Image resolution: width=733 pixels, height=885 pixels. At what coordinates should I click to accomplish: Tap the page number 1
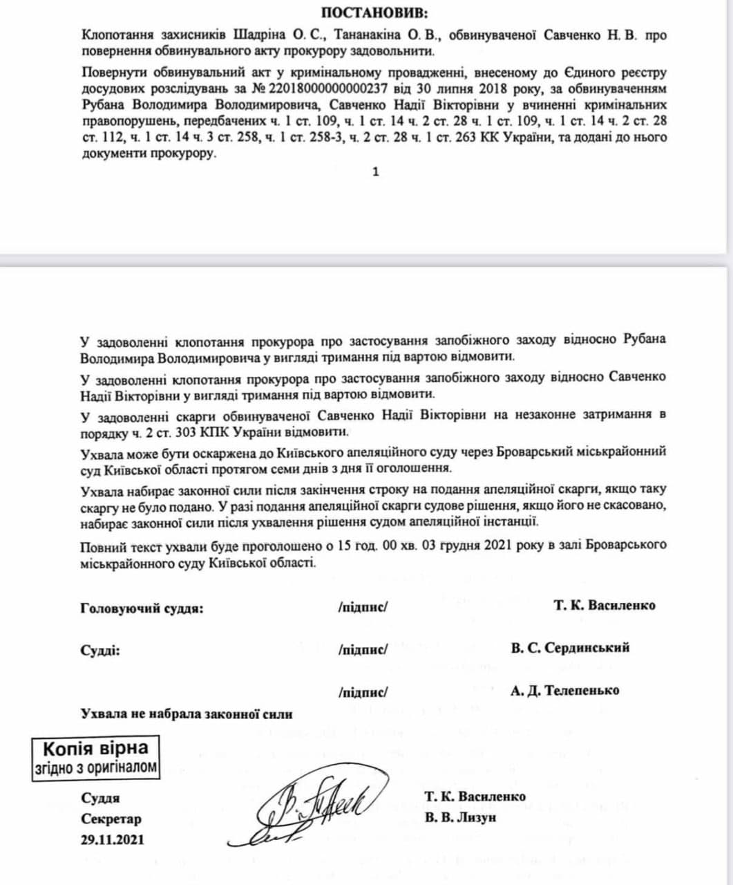click(376, 172)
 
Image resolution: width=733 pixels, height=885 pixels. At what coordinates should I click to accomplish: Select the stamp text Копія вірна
click(95, 748)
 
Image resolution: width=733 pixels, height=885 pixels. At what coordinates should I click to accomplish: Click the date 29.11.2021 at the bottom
click(113, 840)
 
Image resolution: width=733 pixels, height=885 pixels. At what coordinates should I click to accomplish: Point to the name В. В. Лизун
click(461, 818)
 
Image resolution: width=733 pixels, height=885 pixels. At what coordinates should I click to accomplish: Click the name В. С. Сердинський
click(571, 648)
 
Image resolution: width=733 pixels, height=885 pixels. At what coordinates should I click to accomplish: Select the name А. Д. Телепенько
click(565, 690)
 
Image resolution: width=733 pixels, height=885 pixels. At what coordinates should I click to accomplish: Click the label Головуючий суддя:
click(142, 608)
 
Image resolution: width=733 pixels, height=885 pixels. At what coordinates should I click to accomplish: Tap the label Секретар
click(111, 819)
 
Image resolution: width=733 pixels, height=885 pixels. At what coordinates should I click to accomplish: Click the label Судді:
click(100, 651)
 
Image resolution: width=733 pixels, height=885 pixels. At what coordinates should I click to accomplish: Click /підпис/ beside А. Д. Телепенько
click(363, 691)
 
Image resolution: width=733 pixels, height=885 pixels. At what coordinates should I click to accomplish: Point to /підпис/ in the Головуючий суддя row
click(363, 607)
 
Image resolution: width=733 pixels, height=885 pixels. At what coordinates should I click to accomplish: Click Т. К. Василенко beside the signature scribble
click(475, 796)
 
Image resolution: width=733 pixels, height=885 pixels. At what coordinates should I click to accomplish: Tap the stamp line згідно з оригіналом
click(95, 767)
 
